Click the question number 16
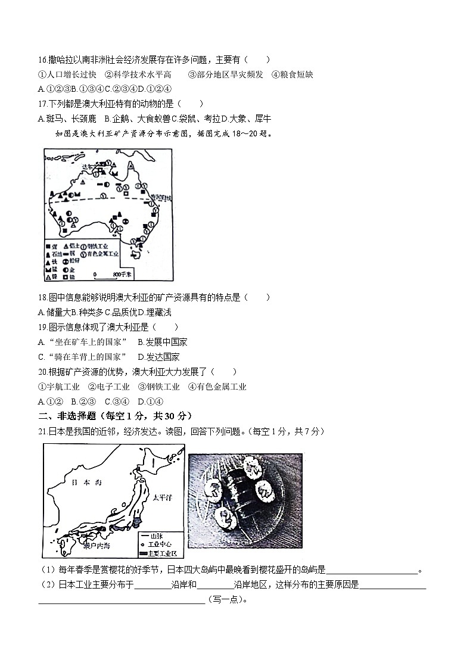(x=42, y=60)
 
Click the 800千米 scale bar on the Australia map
(x=112, y=274)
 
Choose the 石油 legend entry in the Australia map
(x=54, y=253)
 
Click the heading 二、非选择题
(x=63, y=415)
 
